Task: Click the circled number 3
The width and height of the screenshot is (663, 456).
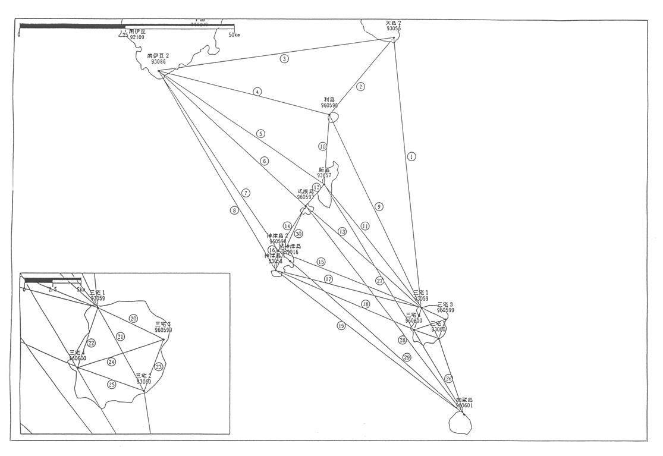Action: (x=285, y=58)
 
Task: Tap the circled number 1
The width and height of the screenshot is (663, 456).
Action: (x=411, y=156)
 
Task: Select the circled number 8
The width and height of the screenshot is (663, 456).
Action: (x=234, y=209)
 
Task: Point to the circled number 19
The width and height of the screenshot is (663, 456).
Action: (x=341, y=325)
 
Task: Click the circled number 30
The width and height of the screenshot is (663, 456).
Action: (x=298, y=234)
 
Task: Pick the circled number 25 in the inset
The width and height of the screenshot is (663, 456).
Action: (x=112, y=385)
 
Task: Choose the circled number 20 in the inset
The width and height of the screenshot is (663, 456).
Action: (x=134, y=319)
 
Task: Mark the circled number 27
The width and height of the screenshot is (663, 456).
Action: (x=380, y=281)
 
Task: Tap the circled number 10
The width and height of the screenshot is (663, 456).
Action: (x=323, y=146)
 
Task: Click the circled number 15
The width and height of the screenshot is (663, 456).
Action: (x=321, y=262)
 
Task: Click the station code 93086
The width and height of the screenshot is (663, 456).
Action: (x=158, y=62)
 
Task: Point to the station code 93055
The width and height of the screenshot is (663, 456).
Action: (x=393, y=29)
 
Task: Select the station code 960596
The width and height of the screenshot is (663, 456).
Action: (x=329, y=105)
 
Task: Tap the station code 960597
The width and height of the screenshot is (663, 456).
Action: (x=306, y=197)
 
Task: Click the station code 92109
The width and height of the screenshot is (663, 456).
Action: (x=137, y=37)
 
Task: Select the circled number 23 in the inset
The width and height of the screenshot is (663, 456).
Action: (x=159, y=367)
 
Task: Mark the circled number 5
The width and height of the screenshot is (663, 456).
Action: (x=260, y=134)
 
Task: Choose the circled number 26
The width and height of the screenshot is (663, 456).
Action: (x=449, y=378)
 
